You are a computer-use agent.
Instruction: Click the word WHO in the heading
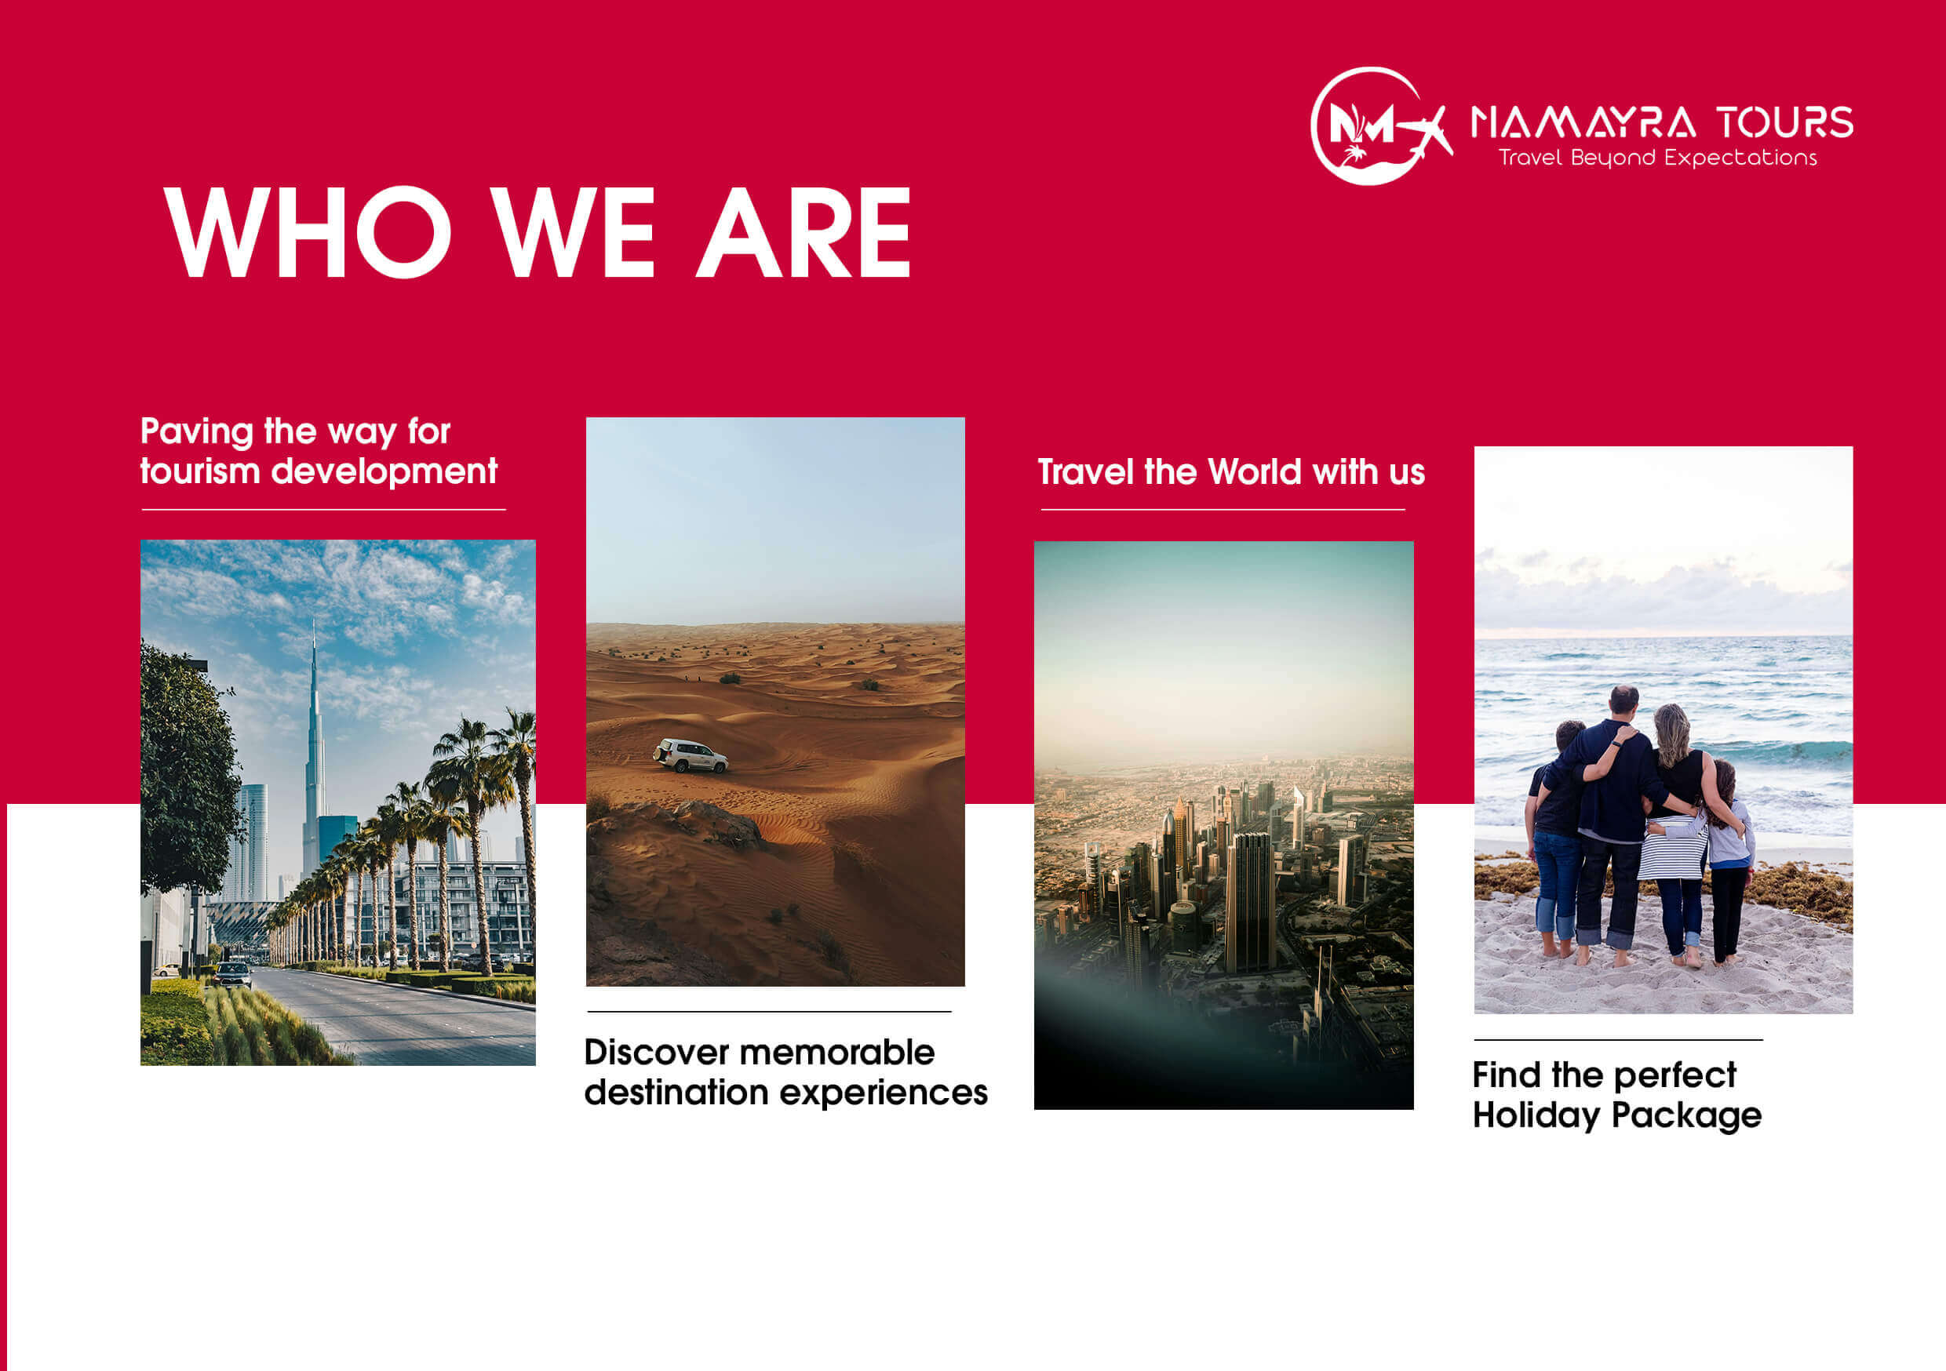pyautogui.click(x=308, y=232)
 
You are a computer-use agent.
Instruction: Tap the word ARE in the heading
pyautogui.click(x=804, y=232)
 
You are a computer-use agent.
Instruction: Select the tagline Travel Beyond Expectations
pyautogui.click(x=1658, y=158)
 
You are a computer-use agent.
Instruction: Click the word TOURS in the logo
pyautogui.click(x=1785, y=123)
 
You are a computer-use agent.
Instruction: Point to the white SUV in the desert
pyautogui.click(x=690, y=755)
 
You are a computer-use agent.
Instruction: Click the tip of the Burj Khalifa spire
pyautogui.click(x=314, y=620)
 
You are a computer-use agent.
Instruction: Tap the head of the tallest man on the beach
pyautogui.click(x=1624, y=700)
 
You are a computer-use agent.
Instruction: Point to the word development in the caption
pyautogui.click(x=384, y=471)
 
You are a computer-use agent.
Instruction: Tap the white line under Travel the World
pyautogui.click(x=1223, y=510)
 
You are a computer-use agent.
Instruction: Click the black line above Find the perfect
pyautogui.click(x=1618, y=1040)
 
